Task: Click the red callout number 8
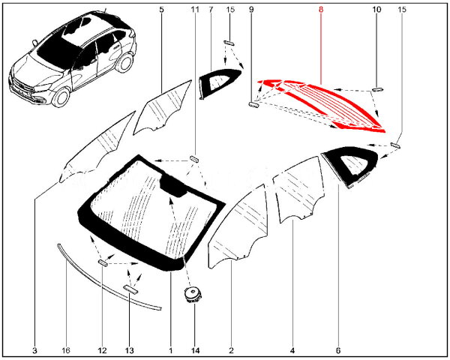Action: (x=320, y=10)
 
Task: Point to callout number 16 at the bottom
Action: (x=66, y=350)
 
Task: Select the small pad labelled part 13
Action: (x=130, y=289)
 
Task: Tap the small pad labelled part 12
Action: (x=103, y=262)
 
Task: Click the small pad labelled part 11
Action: (x=194, y=159)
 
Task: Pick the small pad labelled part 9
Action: (x=253, y=105)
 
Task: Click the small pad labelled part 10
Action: (x=377, y=89)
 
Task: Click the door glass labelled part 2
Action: (x=238, y=226)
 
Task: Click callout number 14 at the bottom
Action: (x=195, y=350)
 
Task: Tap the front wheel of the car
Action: (x=61, y=97)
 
